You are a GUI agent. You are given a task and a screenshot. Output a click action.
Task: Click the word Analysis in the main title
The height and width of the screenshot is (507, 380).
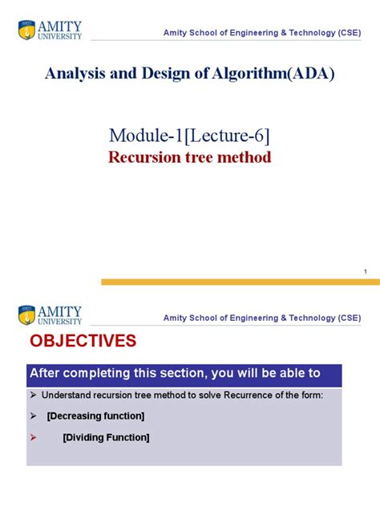tap(71, 75)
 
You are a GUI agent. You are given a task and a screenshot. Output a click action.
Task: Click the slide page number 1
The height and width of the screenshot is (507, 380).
tap(366, 273)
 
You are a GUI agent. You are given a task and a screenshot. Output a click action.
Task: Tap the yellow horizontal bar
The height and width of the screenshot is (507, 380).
tap(240, 282)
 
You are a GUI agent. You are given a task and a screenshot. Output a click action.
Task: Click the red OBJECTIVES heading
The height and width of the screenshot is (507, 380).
tap(83, 342)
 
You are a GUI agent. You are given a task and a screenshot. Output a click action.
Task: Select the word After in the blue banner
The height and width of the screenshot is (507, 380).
tap(46, 373)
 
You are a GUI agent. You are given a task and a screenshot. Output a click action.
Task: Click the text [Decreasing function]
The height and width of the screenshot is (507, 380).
tap(95, 416)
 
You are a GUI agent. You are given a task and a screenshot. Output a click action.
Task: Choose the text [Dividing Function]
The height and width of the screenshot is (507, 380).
tap(106, 437)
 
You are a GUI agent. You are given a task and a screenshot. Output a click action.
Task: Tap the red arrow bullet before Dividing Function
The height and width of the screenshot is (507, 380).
tap(34, 437)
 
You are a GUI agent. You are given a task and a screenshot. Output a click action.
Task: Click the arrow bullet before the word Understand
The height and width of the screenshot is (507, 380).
tap(34, 395)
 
